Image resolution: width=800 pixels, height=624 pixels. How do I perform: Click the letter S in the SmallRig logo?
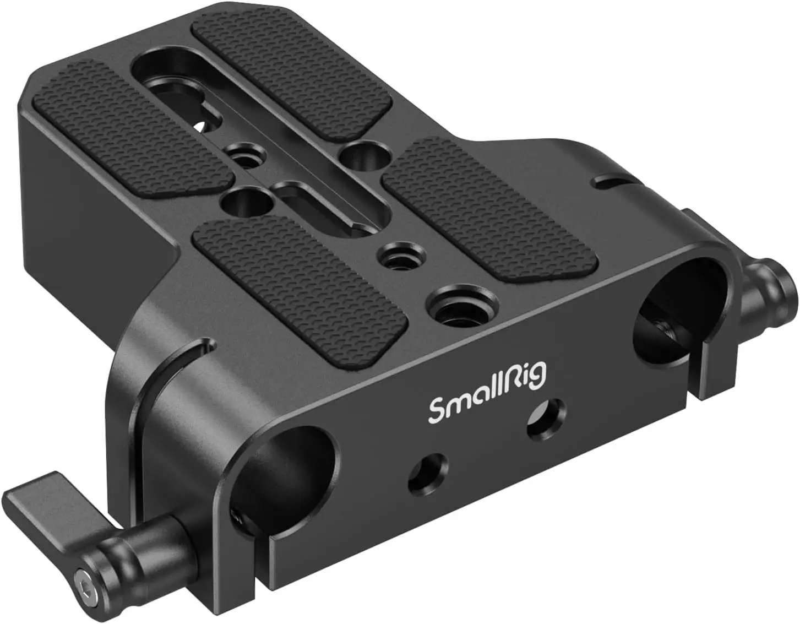(438, 410)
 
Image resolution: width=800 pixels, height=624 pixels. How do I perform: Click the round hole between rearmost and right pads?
(358, 156)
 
